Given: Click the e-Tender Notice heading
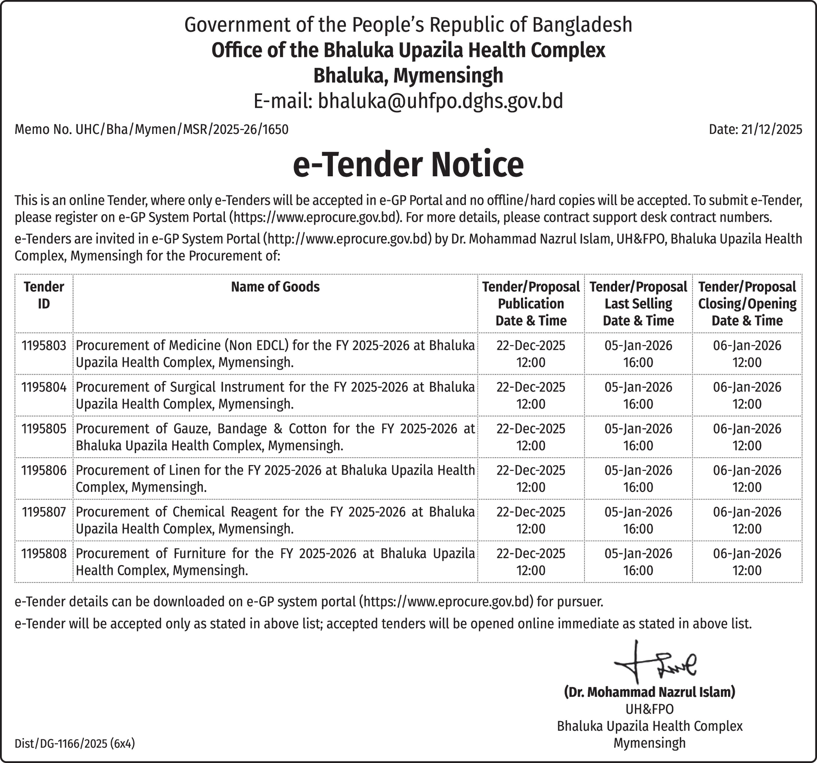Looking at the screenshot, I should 408,165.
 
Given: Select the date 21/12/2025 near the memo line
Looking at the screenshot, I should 771,129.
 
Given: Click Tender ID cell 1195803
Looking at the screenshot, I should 44,346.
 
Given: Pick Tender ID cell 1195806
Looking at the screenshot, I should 44,470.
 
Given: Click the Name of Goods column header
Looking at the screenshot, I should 275,287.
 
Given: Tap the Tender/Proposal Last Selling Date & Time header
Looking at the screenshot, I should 638,303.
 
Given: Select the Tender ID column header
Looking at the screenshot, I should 44,295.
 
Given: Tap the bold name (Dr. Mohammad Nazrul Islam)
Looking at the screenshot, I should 649,692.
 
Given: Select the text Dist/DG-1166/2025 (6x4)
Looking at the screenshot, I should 75,744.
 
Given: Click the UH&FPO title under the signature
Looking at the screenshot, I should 649,709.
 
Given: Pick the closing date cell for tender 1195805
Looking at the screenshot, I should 747,437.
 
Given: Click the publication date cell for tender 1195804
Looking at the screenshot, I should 531,395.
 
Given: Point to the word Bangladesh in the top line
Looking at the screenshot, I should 582,25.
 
